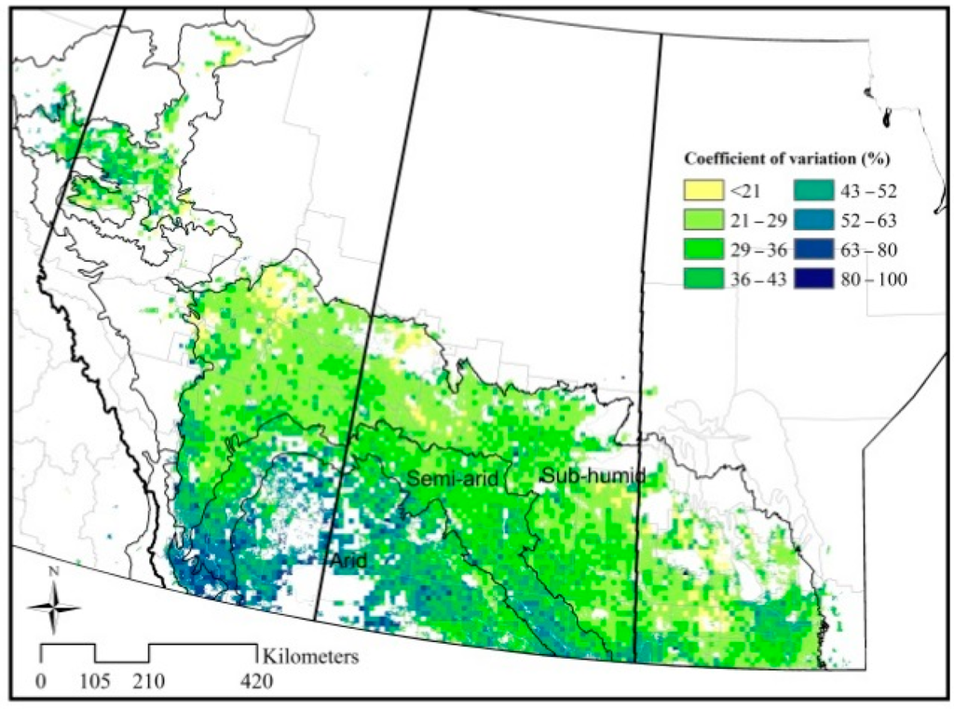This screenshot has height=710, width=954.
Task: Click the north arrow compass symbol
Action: pos(53,607)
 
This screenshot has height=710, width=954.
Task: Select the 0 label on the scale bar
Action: pos(41,682)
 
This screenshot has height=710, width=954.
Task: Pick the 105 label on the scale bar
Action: pos(95,682)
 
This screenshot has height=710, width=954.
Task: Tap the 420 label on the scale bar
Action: pos(257,682)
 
